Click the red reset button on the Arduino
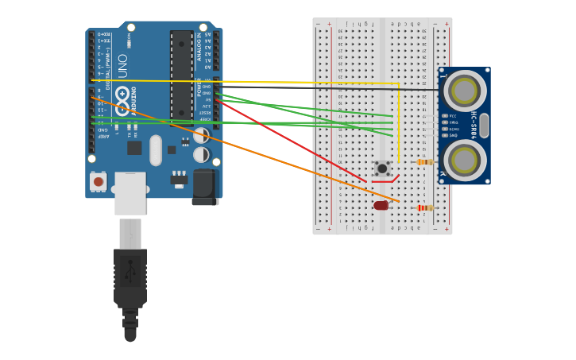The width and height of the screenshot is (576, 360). (x=99, y=181)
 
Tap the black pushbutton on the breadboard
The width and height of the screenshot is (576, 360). (x=382, y=168)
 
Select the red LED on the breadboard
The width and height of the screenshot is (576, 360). (x=381, y=205)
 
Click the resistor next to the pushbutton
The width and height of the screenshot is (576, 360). (x=425, y=162)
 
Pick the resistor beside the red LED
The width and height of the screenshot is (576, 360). (x=426, y=208)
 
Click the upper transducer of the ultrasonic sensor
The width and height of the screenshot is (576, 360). (x=464, y=91)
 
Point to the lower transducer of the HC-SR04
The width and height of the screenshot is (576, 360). (x=464, y=161)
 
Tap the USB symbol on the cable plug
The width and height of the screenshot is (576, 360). (x=130, y=270)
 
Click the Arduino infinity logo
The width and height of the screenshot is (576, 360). (x=122, y=100)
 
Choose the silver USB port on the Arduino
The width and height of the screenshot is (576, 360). (x=130, y=192)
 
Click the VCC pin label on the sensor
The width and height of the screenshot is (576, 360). (x=453, y=116)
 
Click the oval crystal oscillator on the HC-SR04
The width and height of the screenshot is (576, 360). (x=484, y=126)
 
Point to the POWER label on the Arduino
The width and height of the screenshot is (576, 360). (x=199, y=87)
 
